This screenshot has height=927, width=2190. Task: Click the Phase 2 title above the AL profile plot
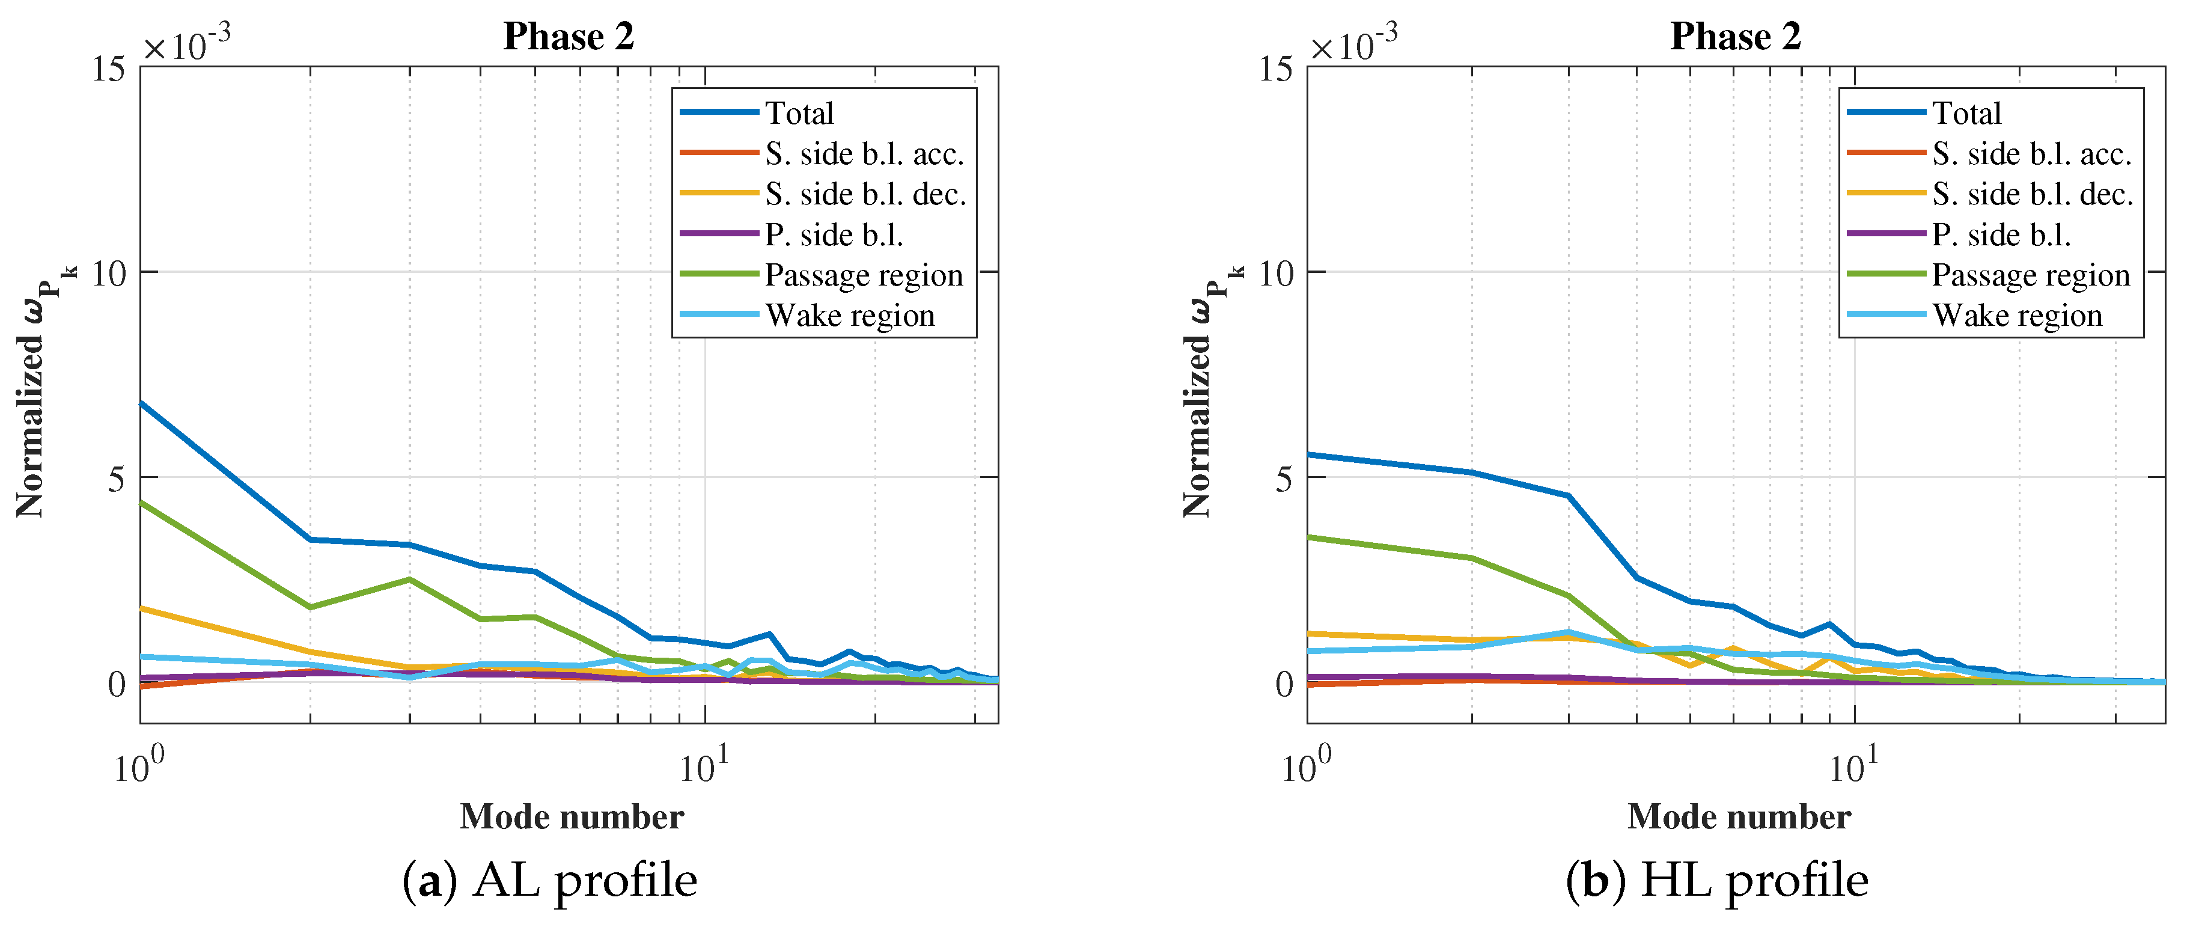[568, 37]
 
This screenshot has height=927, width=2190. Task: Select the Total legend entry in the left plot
[799, 113]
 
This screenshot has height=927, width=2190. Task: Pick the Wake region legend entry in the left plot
[849, 316]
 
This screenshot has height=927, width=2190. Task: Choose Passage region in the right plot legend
[2031, 275]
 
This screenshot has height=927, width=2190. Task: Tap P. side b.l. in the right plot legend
[2001, 234]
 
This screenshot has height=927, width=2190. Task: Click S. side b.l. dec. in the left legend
[865, 195]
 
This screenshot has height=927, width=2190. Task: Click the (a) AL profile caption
[549, 880]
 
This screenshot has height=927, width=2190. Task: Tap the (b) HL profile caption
[1716, 880]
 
